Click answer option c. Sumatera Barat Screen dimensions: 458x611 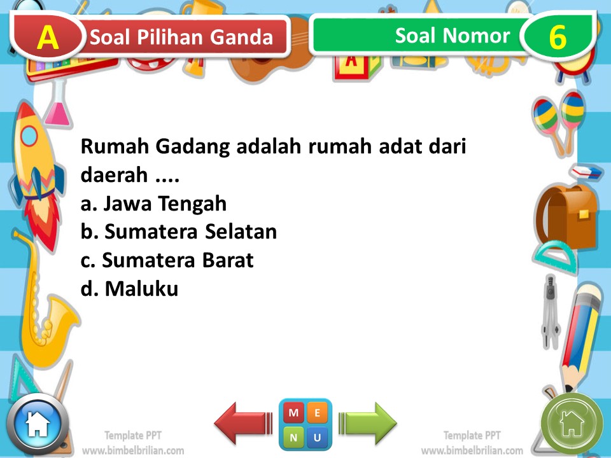[x=167, y=260]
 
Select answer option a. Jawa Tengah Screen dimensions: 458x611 [x=154, y=204]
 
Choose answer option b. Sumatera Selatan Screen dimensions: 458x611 [x=179, y=232]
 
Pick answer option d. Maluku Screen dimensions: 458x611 [x=129, y=289]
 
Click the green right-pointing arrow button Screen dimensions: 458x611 [x=368, y=423]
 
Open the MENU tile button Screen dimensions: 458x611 [x=305, y=424]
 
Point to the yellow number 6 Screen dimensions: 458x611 [x=558, y=38]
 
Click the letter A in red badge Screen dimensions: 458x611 [x=48, y=38]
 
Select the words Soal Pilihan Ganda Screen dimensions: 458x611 [x=182, y=38]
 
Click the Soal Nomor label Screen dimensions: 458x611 [x=452, y=36]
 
